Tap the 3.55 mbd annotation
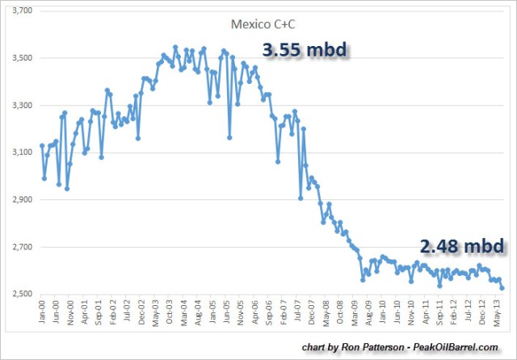click(x=303, y=49)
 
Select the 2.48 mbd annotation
click(x=461, y=245)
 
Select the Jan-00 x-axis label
click(x=41, y=313)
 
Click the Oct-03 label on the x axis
click(x=169, y=313)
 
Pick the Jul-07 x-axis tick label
click(x=298, y=313)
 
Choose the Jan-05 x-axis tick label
click(x=212, y=313)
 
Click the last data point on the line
click(x=502, y=287)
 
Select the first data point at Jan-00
click(x=42, y=146)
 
